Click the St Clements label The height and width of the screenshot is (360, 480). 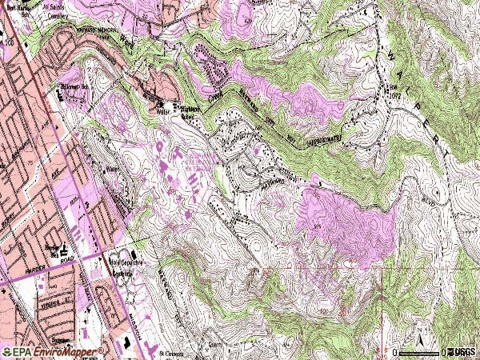tap(170, 352)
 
